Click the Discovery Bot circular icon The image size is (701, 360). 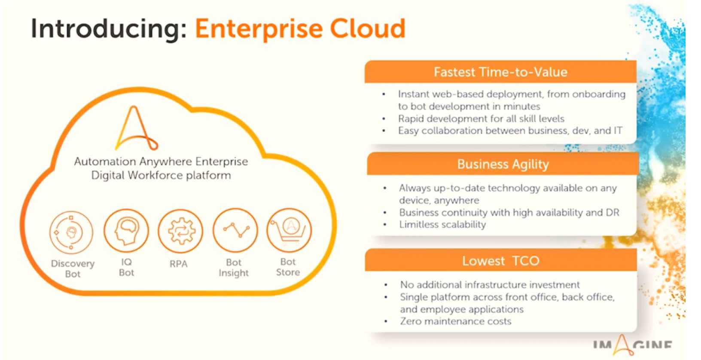[71, 232]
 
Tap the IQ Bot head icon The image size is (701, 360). [126, 231]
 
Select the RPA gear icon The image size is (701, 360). [180, 231]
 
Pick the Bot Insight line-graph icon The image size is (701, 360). [235, 230]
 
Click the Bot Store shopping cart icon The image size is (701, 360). [289, 230]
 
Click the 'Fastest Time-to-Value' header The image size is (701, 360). [500, 72]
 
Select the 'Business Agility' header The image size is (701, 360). [503, 164]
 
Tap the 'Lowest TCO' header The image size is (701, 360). [501, 260]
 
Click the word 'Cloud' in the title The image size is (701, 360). [368, 28]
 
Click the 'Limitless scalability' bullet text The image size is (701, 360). [442, 224]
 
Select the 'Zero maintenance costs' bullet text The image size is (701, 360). [456, 321]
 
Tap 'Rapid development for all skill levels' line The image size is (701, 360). [481, 119]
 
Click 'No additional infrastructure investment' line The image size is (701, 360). [490, 284]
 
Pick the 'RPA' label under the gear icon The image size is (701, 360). [179, 264]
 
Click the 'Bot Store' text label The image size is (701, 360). [288, 267]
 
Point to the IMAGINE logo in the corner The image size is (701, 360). [632, 345]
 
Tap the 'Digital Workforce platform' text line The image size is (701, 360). [161, 175]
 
